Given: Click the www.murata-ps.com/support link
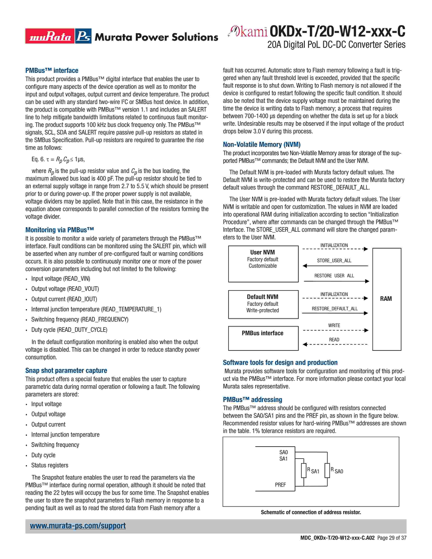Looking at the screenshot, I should coord(78,525).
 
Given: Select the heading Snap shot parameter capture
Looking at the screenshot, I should coord(66,370).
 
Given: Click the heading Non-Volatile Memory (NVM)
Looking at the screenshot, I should coord(262,144).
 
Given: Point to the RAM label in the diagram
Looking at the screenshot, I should coord(386,299).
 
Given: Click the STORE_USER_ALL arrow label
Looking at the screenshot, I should coord(334,261).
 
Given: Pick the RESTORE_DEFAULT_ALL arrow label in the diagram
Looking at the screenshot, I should coord(334,309).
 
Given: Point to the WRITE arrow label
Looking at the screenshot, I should coord(334,325).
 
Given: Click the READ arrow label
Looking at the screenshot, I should coord(334,340).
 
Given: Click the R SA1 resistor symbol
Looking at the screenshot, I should coord(304,471).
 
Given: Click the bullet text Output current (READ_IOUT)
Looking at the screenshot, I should coord(64,299).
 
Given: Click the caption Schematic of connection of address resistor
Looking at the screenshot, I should coord(311,512).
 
